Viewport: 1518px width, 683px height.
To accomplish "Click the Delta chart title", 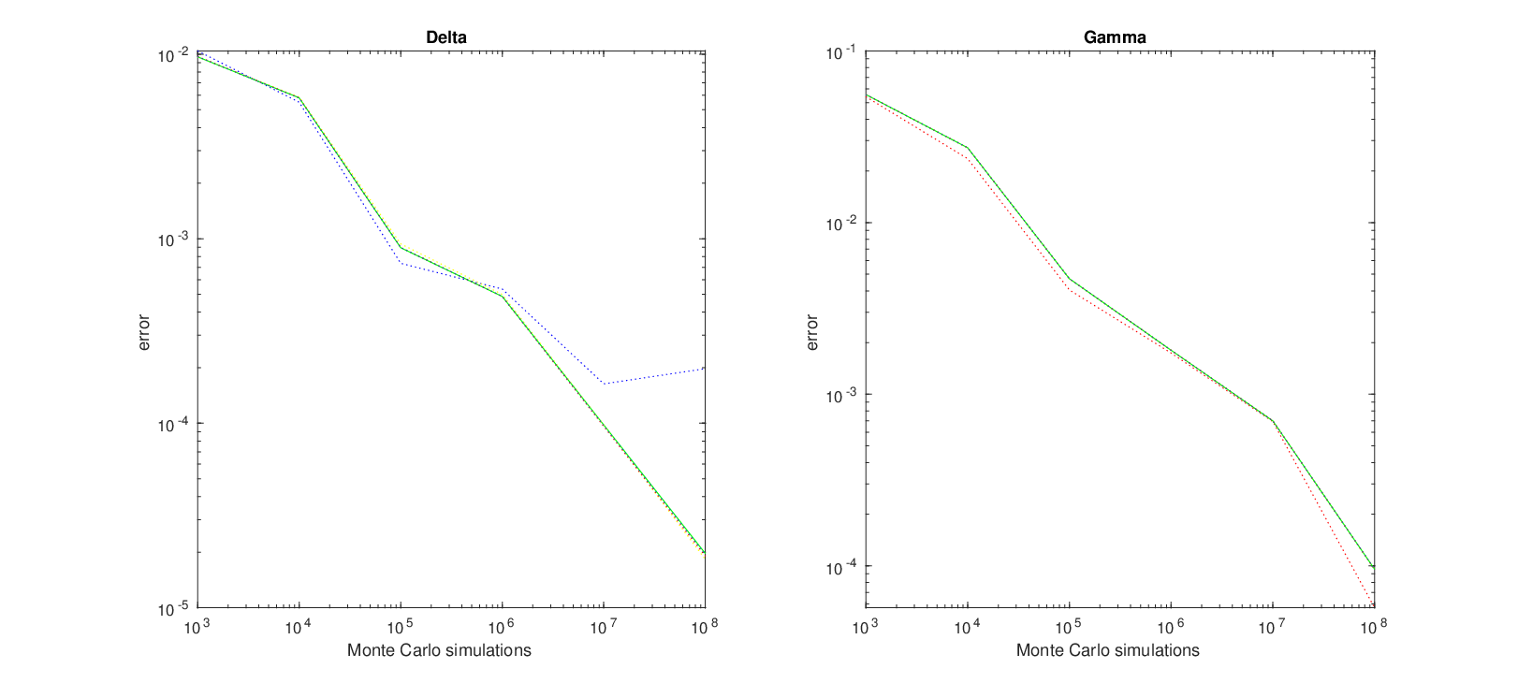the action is point(445,37).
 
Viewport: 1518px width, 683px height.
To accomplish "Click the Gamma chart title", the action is point(1115,37).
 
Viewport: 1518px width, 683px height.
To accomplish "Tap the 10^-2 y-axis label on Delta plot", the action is point(174,55).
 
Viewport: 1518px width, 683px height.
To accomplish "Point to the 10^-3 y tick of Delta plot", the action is point(174,240).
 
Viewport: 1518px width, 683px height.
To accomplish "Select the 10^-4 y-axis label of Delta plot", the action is point(174,424).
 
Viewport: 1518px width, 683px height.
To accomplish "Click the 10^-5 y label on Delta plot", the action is point(174,608).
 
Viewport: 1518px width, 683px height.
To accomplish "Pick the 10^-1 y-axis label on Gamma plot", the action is point(842,52).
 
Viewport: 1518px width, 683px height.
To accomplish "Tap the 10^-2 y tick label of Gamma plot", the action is point(842,223).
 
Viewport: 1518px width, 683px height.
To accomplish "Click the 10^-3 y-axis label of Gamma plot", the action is point(842,395).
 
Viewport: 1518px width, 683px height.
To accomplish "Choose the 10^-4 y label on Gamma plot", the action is point(842,566).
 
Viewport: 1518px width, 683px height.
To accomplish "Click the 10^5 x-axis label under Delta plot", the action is point(400,628).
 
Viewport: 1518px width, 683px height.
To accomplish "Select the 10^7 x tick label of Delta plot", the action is point(603,628).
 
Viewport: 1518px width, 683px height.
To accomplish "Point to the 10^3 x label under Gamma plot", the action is point(866,628).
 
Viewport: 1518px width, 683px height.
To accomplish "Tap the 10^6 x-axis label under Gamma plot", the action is point(1171,628).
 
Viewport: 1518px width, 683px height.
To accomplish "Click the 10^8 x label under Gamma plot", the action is point(1374,628).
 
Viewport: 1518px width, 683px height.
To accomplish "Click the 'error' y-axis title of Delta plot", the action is point(143,332).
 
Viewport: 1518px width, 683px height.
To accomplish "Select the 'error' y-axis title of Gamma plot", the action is point(811,332).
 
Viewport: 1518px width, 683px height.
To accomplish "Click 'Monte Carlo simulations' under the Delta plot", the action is point(439,650).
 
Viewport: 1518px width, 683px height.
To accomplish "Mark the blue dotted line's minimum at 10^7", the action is point(604,384).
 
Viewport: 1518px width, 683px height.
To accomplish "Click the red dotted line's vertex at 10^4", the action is point(968,158).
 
